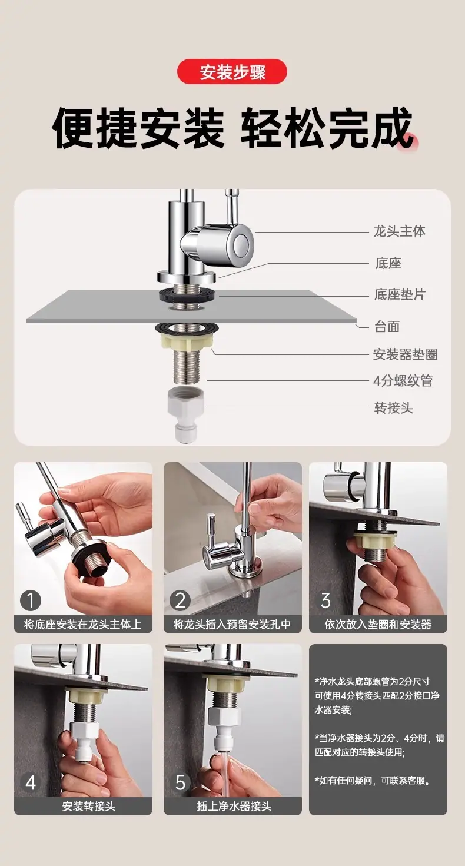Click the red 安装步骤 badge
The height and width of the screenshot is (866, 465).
click(x=232, y=71)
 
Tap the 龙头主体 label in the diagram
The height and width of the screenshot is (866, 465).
click(x=399, y=231)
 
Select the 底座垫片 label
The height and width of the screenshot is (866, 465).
click(x=400, y=294)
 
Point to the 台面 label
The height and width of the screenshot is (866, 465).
click(x=387, y=327)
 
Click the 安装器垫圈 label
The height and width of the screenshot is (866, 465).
click(x=405, y=354)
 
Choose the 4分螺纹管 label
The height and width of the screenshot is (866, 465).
click(x=403, y=381)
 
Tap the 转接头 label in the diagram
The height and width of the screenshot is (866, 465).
click(x=394, y=407)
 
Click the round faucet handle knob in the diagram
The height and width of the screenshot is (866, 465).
click(x=243, y=244)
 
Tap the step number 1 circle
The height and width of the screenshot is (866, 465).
click(x=31, y=600)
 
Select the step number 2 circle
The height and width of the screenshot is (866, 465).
click(x=180, y=600)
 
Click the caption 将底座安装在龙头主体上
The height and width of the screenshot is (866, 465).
click(x=83, y=625)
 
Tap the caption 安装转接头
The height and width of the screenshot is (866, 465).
click(x=88, y=807)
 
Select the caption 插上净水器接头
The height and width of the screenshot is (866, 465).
click(x=234, y=807)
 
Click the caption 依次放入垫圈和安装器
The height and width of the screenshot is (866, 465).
click(x=378, y=625)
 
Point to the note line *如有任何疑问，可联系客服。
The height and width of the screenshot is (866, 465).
click(x=373, y=780)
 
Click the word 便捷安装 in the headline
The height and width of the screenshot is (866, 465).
click(x=138, y=128)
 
